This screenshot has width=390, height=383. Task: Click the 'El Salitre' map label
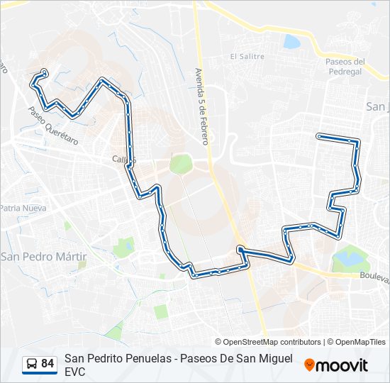click(x=247, y=57)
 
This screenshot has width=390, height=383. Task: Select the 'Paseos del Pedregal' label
click(x=345, y=67)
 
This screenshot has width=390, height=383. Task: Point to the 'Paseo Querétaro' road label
click(x=52, y=123)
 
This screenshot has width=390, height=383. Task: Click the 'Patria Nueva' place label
click(x=23, y=209)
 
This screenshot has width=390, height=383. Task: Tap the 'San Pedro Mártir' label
click(x=44, y=256)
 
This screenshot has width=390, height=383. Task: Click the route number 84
click(x=48, y=364)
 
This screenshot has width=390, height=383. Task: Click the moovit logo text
click(x=342, y=365)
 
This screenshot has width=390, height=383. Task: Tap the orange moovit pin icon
click(x=309, y=365)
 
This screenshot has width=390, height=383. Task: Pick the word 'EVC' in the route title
click(x=74, y=371)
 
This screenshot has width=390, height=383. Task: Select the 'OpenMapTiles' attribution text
click(x=361, y=342)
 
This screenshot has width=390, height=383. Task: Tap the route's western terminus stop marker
click(x=45, y=71)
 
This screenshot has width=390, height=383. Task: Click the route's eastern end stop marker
click(x=320, y=135)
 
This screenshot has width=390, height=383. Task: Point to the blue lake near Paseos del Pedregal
click(x=292, y=42)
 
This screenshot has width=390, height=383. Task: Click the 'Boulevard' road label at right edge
click(x=374, y=277)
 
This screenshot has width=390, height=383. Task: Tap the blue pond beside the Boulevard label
click(x=347, y=257)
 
